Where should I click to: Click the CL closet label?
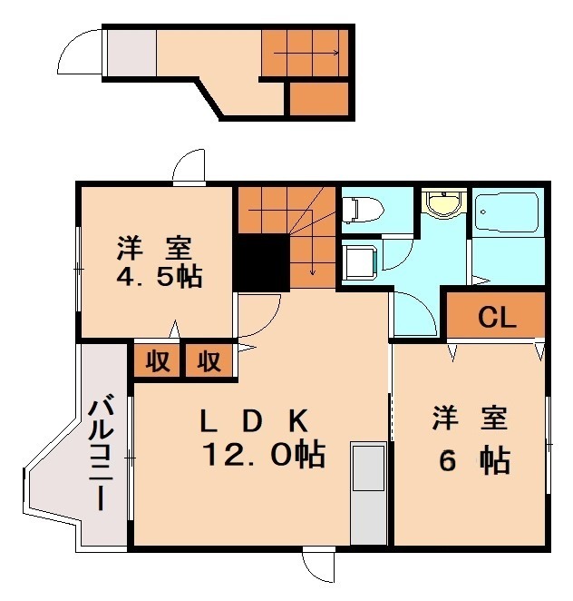click(x=497, y=318)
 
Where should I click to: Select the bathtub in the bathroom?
click(x=507, y=215)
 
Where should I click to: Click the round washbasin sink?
click(x=443, y=204)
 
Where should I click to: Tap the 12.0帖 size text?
click(x=263, y=454)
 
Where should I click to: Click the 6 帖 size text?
click(x=473, y=461)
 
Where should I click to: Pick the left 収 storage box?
click(x=158, y=360)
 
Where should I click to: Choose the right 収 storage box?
click(x=209, y=360)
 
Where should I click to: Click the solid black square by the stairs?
click(x=261, y=262)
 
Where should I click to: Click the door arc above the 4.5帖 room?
click(x=190, y=168)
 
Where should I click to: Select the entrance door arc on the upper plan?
click(x=80, y=53)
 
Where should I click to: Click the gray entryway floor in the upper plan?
click(x=131, y=55)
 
